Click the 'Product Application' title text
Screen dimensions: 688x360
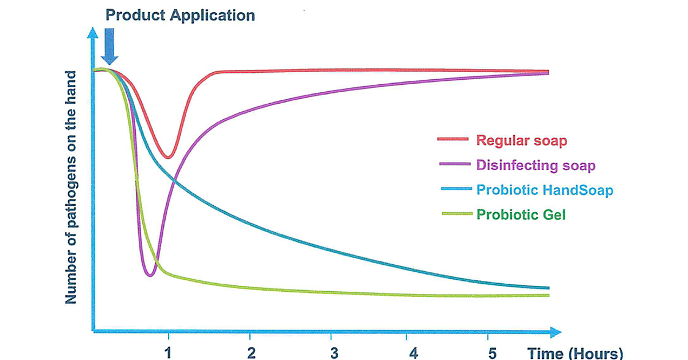180,15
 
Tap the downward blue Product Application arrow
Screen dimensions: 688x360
110,46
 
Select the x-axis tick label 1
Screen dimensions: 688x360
168,353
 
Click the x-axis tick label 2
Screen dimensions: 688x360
251,353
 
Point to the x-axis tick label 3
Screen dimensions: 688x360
334,353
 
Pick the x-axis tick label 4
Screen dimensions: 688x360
414,353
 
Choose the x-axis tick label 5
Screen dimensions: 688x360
492,353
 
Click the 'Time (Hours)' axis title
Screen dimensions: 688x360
575,354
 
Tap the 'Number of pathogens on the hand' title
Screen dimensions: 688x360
71,187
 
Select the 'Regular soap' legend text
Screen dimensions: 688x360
522,140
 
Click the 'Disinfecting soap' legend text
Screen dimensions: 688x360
535,165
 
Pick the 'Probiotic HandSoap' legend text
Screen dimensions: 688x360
545,190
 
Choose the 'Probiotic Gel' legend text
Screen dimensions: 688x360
521,214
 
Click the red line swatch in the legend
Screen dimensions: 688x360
453,139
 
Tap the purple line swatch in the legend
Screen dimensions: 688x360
455,164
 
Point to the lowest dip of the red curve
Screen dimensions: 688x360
168,158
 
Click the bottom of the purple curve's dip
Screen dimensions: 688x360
150,275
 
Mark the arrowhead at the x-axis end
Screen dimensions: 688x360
556,332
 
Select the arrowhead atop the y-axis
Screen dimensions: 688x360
92,33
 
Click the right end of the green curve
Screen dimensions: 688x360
549,295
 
